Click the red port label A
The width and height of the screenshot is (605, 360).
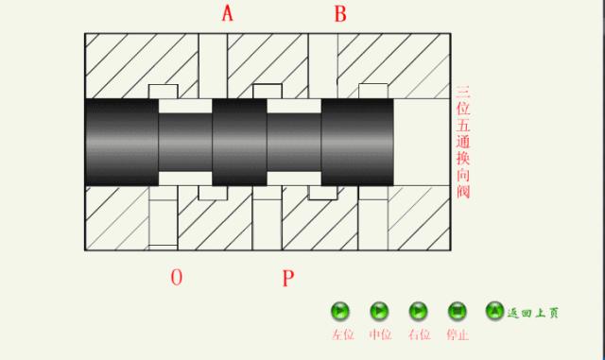[228, 13]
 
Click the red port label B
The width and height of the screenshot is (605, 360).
[340, 13]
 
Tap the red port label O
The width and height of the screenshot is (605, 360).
[177, 277]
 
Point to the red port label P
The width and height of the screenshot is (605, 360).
[288, 278]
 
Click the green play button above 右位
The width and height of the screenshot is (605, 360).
[418, 311]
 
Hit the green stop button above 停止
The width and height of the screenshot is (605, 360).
[458, 311]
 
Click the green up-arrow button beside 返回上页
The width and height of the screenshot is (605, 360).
[494, 311]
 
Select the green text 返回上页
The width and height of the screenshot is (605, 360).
[533, 313]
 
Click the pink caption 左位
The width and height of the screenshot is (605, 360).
[343, 334]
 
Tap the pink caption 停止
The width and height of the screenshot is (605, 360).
[458, 334]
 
